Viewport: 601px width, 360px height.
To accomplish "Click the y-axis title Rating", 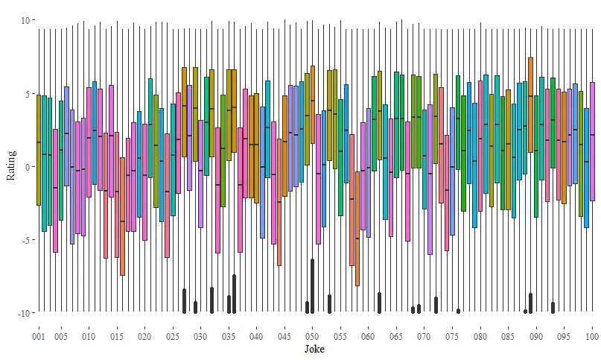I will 10,166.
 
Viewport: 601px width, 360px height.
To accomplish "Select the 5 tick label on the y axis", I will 26,94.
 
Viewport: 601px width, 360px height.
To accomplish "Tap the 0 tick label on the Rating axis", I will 26,167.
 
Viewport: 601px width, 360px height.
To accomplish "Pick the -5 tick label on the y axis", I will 24,240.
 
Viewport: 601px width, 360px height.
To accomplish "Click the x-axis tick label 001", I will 38,337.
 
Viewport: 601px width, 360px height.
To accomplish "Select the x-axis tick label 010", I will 89,337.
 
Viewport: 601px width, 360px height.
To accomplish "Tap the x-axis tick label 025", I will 173,337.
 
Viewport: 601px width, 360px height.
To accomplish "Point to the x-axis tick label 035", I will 229,337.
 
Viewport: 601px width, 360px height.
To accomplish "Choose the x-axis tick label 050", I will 312,337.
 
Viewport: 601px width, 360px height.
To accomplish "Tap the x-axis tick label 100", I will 592,337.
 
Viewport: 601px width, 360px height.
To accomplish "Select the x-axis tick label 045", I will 284,337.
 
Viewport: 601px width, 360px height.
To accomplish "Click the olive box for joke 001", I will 38,149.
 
